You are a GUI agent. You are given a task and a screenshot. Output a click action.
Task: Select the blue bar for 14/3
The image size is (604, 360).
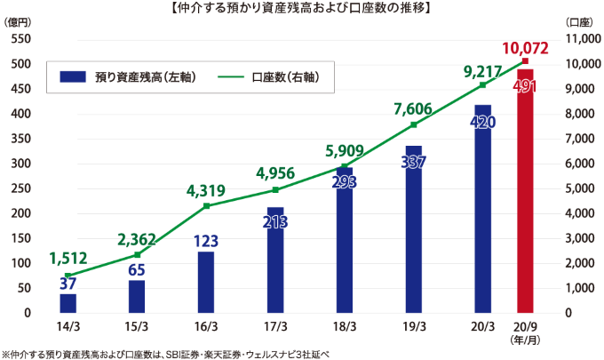pos(68,303)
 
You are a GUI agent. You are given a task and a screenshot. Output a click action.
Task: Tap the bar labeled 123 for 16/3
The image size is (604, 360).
pos(206,282)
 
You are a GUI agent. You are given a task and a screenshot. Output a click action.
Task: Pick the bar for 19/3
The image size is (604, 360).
pos(414,229)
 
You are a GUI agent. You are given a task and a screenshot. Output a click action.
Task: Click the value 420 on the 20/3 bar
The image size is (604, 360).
pos(482,122)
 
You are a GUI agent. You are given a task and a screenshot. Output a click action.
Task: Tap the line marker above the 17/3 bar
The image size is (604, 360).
pos(275,190)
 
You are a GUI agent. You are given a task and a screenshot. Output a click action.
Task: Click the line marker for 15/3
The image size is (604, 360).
pos(137,254)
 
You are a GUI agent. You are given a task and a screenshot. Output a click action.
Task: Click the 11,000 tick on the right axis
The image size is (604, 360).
pos(583,40)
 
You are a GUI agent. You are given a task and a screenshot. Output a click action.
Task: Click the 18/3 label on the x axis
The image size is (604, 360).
pos(345,326)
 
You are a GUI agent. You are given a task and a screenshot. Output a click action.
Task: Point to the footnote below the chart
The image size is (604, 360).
pos(165,352)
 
